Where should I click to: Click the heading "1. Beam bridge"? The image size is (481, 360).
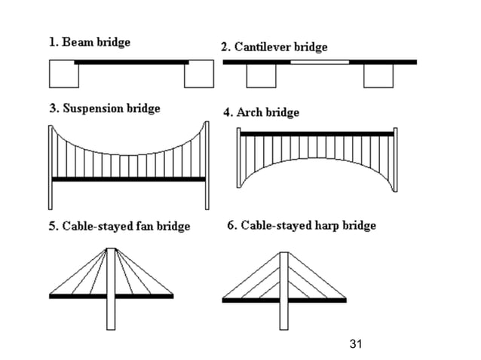pyautogui.click(x=90, y=42)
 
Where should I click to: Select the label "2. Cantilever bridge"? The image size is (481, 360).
pyautogui.click(x=274, y=47)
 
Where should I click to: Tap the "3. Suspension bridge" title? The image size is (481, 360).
pyautogui.click(x=105, y=108)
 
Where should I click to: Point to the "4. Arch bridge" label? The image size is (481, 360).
pyautogui.click(x=262, y=112)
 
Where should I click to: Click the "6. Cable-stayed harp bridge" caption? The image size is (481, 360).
pyautogui.click(x=302, y=225)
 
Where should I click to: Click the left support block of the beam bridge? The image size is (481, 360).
pyautogui.click(x=63, y=75)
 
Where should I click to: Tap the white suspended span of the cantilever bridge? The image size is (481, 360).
pyautogui.click(x=320, y=62)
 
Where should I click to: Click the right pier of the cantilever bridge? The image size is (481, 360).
pyautogui.click(x=378, y=75)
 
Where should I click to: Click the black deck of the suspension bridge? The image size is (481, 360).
pyautogui.click(x=129, y=179)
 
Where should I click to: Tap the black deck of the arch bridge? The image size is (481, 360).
pyautogui.click(x=317, y=134)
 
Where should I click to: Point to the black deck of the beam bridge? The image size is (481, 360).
pyautogui.click(x=131, y=62)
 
